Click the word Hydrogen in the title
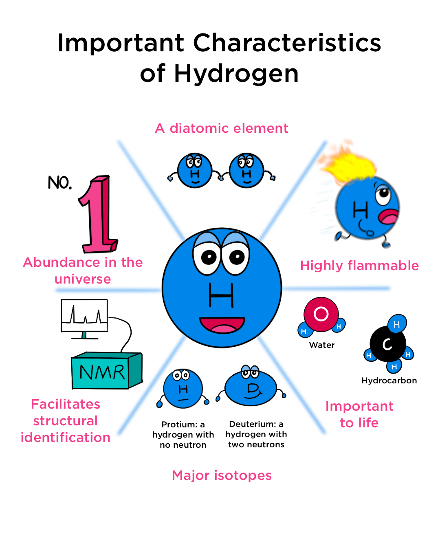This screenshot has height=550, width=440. [x=236, y=74]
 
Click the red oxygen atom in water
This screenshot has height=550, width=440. [x=321, y=314]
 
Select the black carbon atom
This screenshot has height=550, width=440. [x=387, y=344]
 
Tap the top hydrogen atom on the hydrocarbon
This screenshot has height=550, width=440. [x=397, y=324]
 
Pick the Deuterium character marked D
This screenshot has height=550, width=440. [x=251, y=389]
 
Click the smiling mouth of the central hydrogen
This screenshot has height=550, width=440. [x=222, y=325]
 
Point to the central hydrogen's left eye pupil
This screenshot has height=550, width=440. [x=209, y=257]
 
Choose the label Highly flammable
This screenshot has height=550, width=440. [x=359, y=266]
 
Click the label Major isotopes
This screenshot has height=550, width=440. [x=222, y=475]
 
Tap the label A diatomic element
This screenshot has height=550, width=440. [x=222, y=128]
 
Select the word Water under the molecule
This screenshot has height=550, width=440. [x=322, y=345]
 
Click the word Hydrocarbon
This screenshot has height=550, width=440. [x=389, y=381]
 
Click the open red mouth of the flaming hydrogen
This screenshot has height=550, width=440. [x=389, y=216]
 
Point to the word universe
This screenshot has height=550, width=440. [x=83, y=279]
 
